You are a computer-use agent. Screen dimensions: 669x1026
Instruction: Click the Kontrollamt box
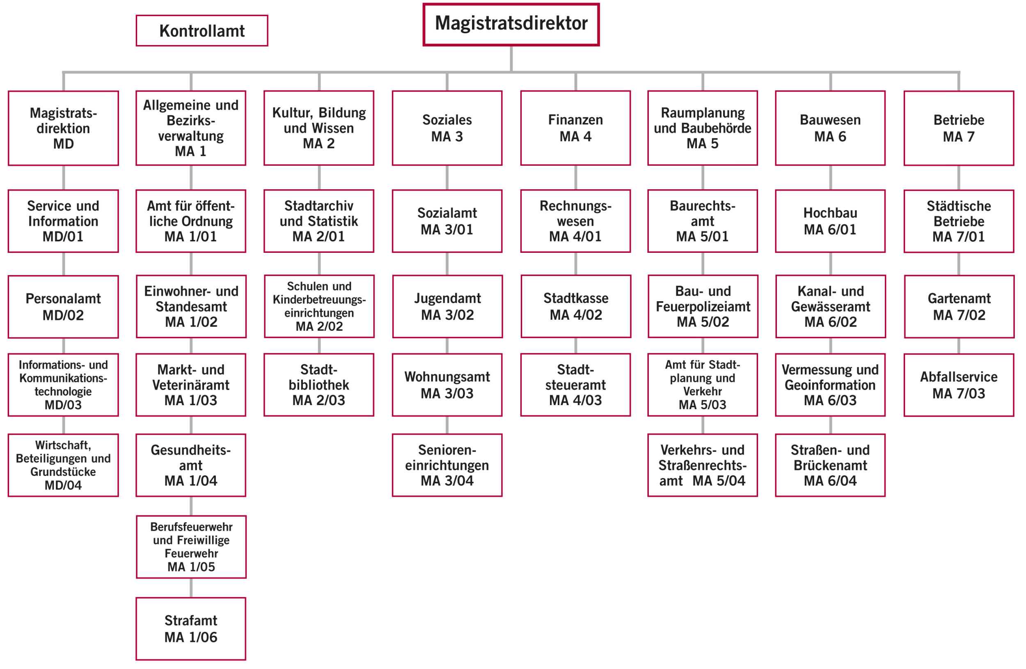pyautogui.click(x=202, y=31)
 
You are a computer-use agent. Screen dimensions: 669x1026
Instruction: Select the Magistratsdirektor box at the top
pyautogui.click(x=511, y=24)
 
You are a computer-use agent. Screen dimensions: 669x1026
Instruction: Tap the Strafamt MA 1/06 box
pyautogui.click(x=191, y=628)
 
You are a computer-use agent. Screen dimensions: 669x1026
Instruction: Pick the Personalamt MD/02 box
pyautogui.click(x=63, y=307)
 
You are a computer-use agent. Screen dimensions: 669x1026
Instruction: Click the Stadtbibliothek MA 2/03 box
pyautogui.click(x=318, y=385)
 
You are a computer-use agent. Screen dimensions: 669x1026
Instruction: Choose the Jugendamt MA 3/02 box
pyautogui.click(x=447, y=306)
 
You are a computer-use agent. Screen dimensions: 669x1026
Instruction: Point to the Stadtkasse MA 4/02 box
pyautogui.click(x=575, y=306)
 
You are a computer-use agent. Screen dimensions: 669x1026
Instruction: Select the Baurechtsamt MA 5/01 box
pyautogui.click(x=702, y=221)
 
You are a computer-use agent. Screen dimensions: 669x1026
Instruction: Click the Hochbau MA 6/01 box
pyautogui.click(x=830, y=221)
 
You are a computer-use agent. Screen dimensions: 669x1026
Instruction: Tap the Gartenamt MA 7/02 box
pyautogui.click(x=959, y=306)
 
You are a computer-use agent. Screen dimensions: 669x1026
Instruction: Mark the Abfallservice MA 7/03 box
pyautogui.click(x=959, y=385)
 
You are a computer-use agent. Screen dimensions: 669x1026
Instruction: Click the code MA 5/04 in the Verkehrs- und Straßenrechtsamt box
pyautogui.click(x=719, y=481)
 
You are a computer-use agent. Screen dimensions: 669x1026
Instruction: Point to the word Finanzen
pyautogui.click(x=575, y=119)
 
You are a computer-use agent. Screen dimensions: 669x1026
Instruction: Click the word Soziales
pyautogui.click(x=447, y=119)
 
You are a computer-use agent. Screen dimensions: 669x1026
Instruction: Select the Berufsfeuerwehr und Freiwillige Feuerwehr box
pyautogui.click(x=191, y=547)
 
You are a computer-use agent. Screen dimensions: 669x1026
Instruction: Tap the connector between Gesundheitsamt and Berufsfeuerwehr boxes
pyautogui.click(x=191, y=506)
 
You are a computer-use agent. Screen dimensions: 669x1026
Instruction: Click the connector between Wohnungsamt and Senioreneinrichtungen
pyautogui.click(x=447, y=425)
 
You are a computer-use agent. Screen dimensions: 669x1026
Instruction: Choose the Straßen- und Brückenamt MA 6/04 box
pyautogui.click(x=830, y=465)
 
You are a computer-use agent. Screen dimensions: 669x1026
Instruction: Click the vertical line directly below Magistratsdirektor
pyautogui.click(x=511, y=58)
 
